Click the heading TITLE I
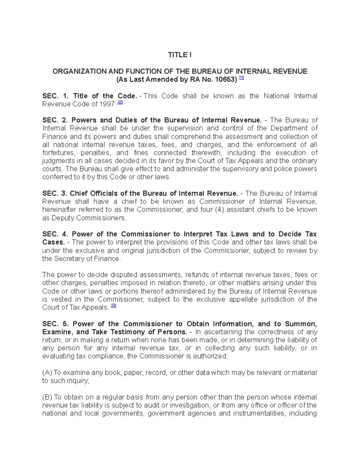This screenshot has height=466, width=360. (179, 55)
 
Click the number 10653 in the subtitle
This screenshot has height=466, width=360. (225, 80)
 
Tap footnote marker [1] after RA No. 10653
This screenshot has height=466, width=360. (241, 78)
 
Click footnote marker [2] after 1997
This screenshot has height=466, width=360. (120, 103)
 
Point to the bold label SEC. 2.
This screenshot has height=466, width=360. (55, 120)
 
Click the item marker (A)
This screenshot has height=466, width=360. (47, 373)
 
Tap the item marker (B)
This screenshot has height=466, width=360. (47, 397)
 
